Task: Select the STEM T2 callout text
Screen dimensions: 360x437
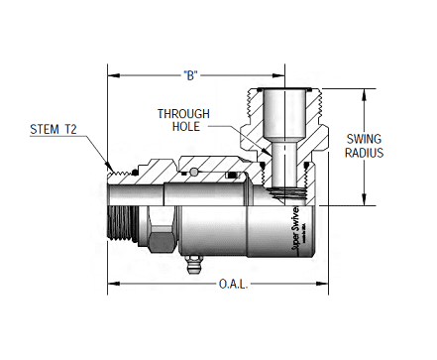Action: (51, 130)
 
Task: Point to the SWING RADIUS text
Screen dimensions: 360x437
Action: (365, 146)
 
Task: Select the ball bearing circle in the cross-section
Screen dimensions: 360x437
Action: (195, 176)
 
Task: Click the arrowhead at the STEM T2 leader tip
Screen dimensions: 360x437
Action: (112, 166)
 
